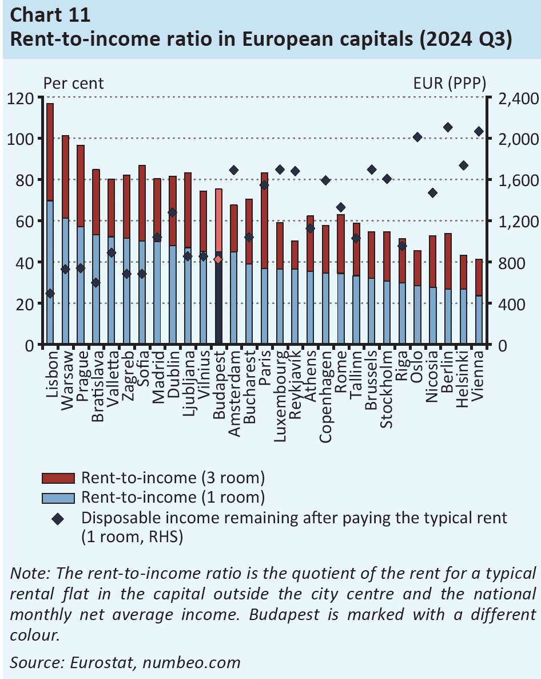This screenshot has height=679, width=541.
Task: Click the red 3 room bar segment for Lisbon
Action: tap(50, 152)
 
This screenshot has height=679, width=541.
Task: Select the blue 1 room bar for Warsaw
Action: tap(65, 281)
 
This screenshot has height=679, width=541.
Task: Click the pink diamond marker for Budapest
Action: tap(218, 259)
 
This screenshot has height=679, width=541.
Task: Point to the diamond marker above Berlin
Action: tap(448, 127)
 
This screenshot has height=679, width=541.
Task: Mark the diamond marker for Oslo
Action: tap(417, 137)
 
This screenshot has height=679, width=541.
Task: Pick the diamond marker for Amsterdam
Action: tap(233, 170)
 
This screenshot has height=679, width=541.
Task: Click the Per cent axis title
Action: tap(74, 83)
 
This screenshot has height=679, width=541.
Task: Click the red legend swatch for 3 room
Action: tap(58, 477)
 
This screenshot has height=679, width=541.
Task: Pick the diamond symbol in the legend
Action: tap(58, 519)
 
